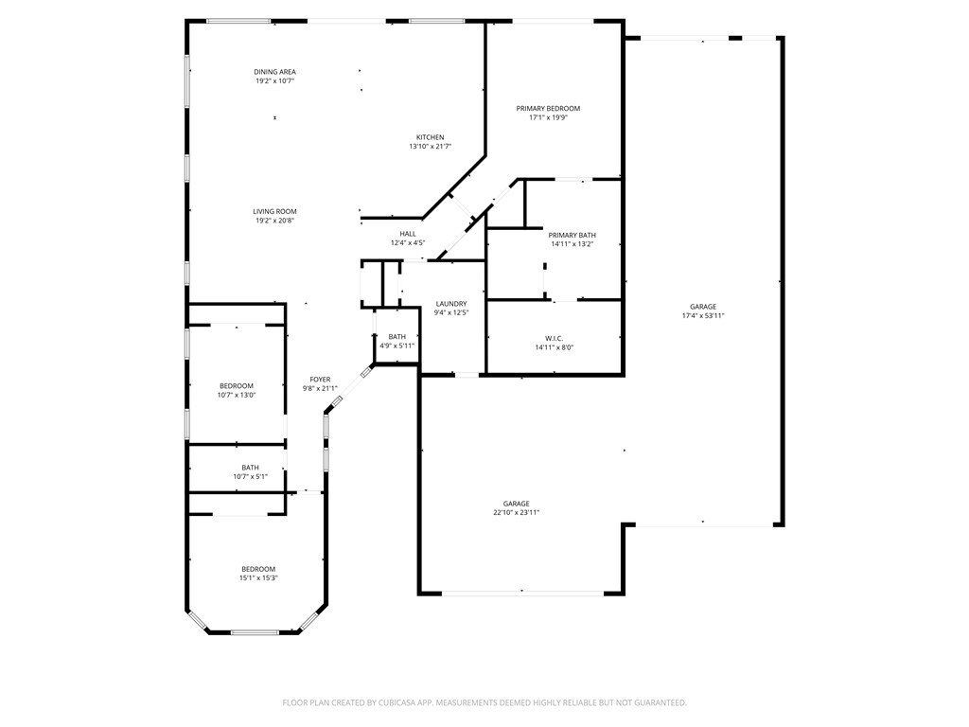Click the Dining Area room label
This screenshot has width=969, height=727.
[x=274, y=72]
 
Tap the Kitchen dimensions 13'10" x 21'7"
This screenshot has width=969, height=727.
[x=430, y=147]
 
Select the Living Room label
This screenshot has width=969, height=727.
[x=274, y=211]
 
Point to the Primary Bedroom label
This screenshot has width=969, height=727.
[x=548, y=109]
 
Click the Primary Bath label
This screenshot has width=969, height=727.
[x=572, y=235]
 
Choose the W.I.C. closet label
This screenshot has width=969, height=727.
[x=554, y=338]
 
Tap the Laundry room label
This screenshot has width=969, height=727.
[x=451, y=304]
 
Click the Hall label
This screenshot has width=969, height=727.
[x=408, y=234]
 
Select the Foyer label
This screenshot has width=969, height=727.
[x=320, y=380]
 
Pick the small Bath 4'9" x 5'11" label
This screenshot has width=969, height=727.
[x=396, y=337]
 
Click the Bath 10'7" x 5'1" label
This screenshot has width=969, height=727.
[x=250, y=468]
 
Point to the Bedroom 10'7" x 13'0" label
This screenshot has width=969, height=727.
[x=237, y=385]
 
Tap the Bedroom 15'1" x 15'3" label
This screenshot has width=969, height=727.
[x=258, y=569]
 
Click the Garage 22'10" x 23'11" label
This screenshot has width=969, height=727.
[x=516, y=504]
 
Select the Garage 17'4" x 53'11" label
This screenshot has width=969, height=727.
[x=702, y=307]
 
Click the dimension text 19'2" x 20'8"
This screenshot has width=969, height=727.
[x=274, y=221]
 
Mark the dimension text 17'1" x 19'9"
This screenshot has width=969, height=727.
[x=548, y=118]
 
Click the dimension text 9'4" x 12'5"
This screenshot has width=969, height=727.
[x=451, y=312]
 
